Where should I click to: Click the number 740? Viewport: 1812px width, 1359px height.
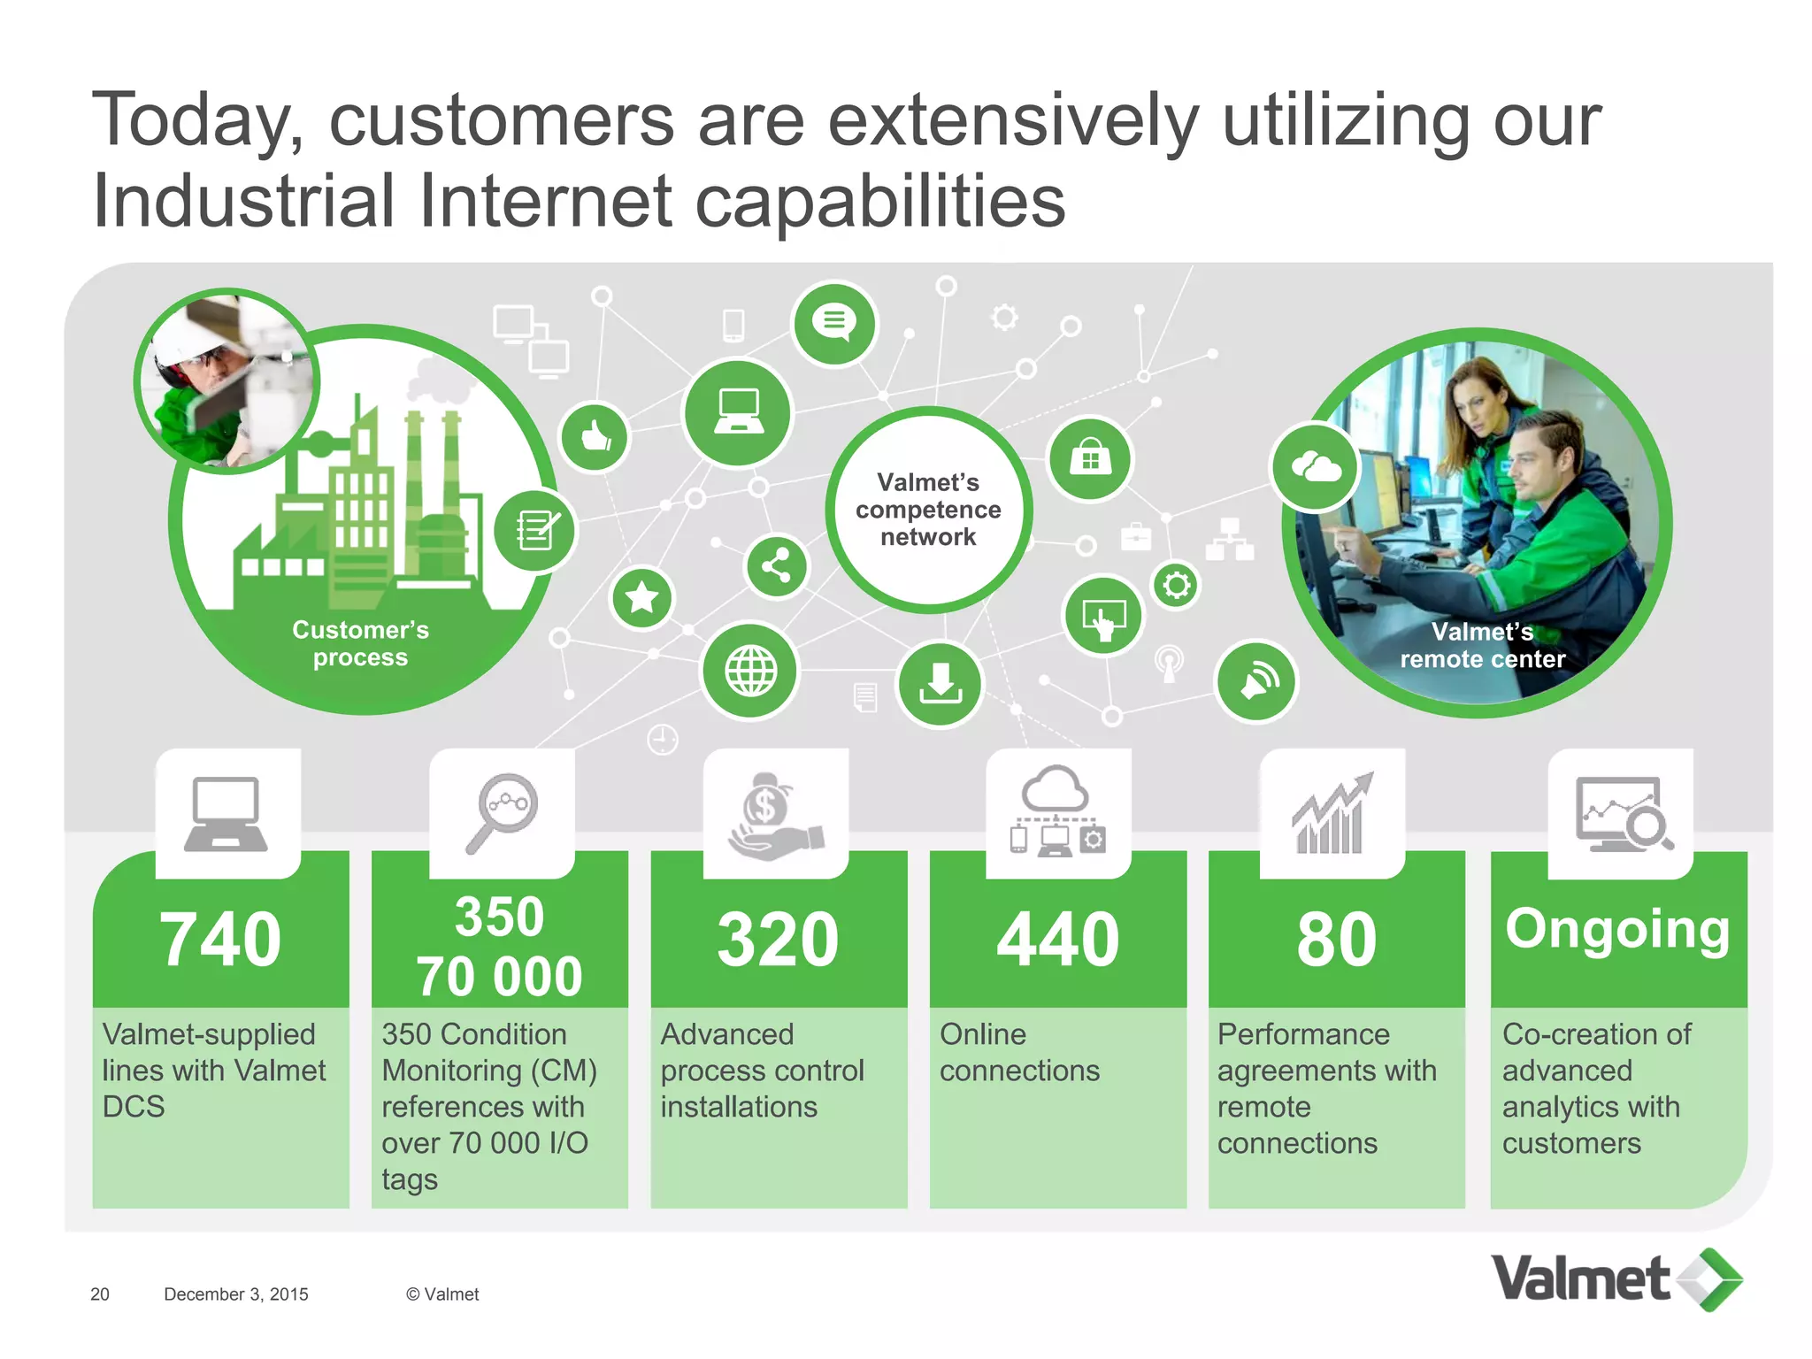click(x=220, y=939)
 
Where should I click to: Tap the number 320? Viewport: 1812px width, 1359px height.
click(x=778, y=939)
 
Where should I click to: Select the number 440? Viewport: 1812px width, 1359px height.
click(x=1057, y=939)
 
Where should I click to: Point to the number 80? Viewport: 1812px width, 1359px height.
click(x=1336, y=939)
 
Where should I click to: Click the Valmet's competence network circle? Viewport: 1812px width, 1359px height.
click(x=928, y=510)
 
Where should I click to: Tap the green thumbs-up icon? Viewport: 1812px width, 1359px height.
click(x=595, y=436)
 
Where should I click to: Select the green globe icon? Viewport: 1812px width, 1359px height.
click(x=750, y=671)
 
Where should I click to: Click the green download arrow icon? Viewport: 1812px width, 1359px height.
click(x=940, y=684)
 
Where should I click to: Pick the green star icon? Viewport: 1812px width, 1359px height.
click(x=641, y=598)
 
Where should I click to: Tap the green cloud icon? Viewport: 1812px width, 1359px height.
click(x=1315, y=466)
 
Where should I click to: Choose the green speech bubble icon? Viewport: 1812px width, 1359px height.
click(x=834, y=323)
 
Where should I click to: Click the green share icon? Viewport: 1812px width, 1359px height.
click(x=776, y=566)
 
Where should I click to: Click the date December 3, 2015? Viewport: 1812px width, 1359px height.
click(x=236, y=1294)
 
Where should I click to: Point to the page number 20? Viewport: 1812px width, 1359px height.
click(x=100, y=1294)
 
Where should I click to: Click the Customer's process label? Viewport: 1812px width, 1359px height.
click(x=360, y=643)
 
